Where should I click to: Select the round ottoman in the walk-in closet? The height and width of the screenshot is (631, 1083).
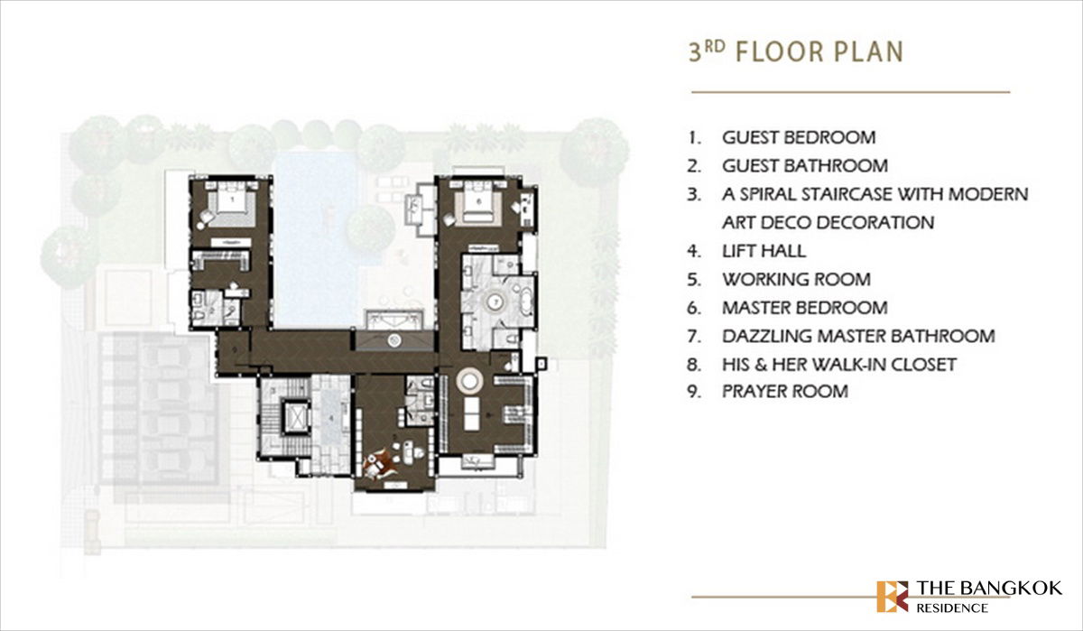pos(470,378)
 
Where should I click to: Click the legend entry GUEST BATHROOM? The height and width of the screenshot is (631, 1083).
pos(804,166)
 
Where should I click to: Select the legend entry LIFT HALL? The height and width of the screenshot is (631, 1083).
pos(764,251)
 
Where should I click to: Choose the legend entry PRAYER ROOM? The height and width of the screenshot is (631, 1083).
pos(784,392)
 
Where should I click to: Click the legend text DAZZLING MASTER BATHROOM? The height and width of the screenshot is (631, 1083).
pos(858,336)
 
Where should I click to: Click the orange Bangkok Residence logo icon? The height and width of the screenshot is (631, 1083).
pos(892,596)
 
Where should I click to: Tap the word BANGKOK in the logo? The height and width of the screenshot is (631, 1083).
pos(1013,589)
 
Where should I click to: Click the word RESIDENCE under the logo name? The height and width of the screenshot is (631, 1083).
pos(951,608)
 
